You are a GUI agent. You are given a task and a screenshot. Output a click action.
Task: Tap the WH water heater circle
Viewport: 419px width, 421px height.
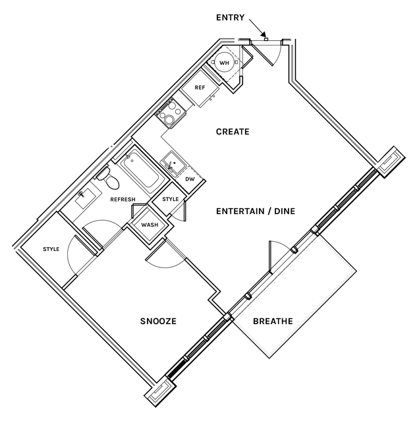tap(223, 63)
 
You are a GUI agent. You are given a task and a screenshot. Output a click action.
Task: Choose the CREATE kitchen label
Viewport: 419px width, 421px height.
tap(233, 132)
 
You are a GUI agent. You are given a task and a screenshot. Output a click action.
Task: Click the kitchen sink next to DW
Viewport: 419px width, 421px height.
tap(173, 161)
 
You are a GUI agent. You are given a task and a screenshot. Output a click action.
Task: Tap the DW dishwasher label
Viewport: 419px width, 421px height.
tap(190, 179)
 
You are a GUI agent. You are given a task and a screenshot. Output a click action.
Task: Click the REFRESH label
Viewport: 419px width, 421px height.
tap(123, 200)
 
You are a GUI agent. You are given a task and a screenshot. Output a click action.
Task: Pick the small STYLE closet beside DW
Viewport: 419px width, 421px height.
tap(171, 200)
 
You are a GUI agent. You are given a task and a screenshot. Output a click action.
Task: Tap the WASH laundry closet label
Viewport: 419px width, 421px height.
tap(150, 225)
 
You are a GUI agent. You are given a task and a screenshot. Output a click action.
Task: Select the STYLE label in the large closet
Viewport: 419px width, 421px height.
tap(51, 249)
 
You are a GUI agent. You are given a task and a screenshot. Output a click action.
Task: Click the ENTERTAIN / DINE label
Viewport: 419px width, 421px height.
tap(256, 211)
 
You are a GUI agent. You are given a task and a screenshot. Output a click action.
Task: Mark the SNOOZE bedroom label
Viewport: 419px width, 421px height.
tap(159, 322)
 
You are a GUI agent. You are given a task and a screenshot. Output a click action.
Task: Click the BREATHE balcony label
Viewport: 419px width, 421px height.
tap(273, 322)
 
